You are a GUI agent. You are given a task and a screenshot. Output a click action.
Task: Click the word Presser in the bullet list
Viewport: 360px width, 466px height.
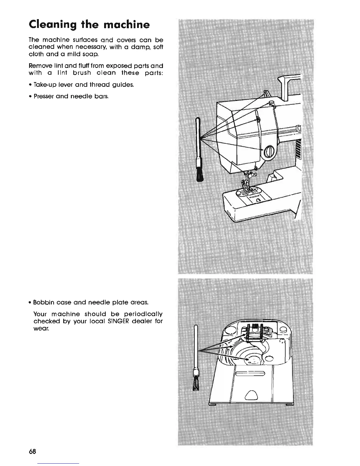click(44, 96)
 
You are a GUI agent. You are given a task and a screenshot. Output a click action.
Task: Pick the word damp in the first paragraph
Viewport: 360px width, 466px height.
click(137, 47)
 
